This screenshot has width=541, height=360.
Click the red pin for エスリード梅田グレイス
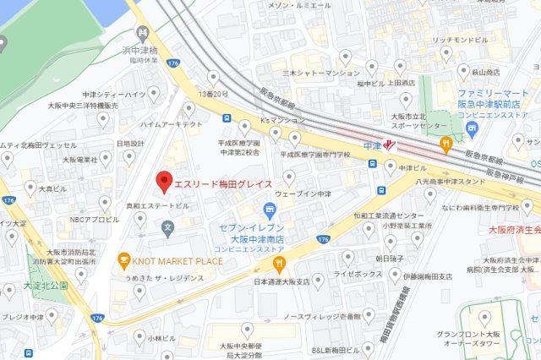click(164, 181)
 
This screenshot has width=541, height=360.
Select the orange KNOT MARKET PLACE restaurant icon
click(124, 260)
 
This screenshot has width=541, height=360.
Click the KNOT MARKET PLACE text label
click(178, 261)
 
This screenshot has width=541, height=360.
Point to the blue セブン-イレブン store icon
click(269, 210)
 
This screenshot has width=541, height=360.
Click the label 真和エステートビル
click(157, 205)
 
